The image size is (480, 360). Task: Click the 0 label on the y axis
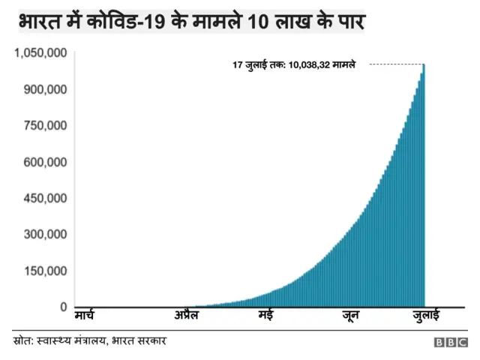click(63, 307)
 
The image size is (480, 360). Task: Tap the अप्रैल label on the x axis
click(186, 316)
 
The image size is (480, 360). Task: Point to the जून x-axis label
click(349, 316)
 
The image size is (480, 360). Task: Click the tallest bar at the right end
click(424, 187)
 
